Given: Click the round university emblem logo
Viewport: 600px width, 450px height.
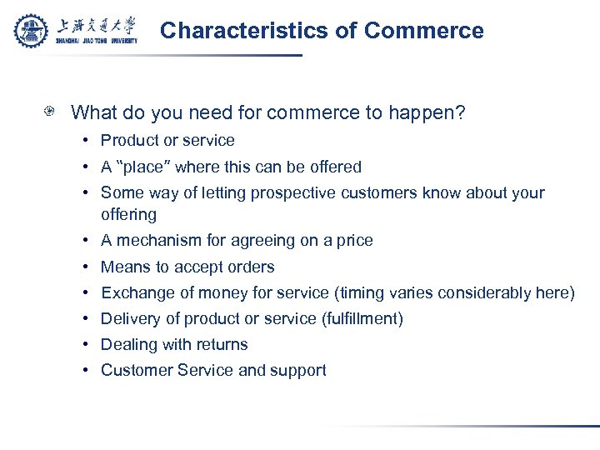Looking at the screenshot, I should point(32,31).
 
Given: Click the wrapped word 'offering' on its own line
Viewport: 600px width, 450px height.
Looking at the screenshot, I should point(128,214).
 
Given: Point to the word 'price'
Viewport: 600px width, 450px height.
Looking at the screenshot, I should point(353,240).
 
